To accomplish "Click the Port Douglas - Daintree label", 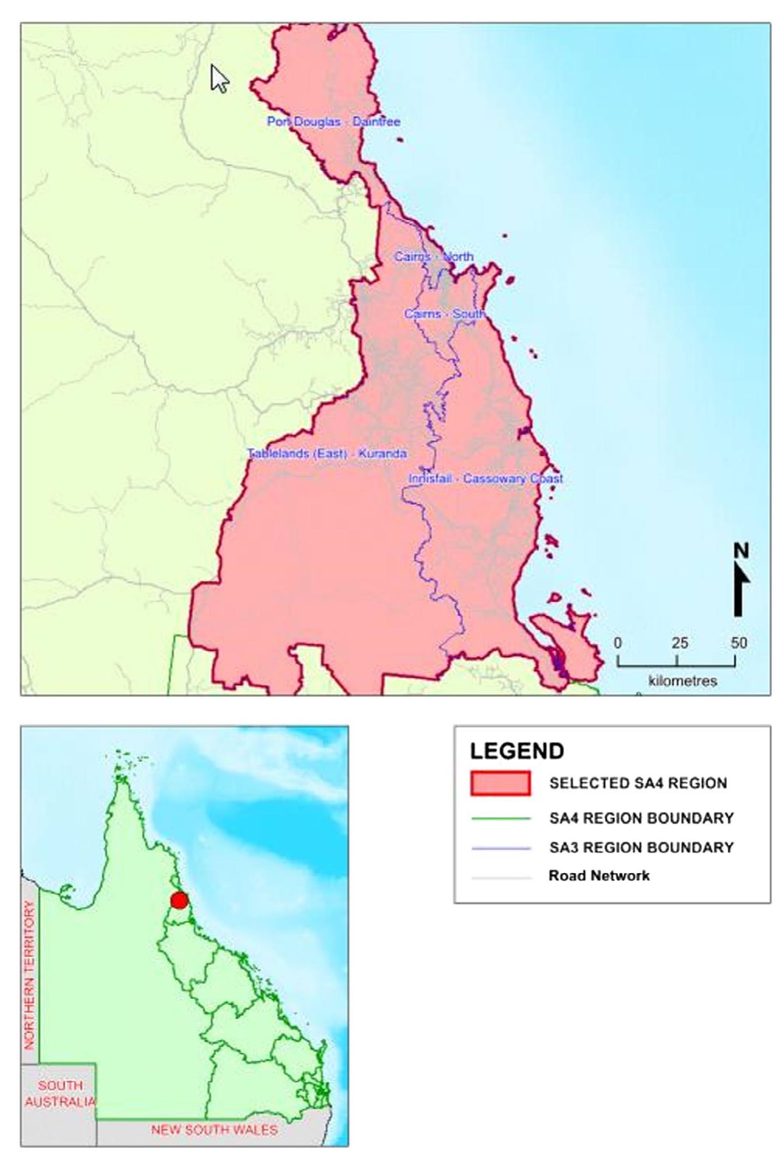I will [x=333, y=121].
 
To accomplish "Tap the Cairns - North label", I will [x=434, y=256].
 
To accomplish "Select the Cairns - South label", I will [x=445, y=314].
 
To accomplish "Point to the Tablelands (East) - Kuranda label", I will [x=327, y=453].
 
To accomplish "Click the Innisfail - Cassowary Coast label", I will [x=486, y=478].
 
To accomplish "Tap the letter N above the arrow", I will [x=741, y=551].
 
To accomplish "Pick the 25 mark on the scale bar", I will [x=679, y=643].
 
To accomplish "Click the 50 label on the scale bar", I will [x=738, y=643].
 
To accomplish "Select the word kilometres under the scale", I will [x=682, y=681].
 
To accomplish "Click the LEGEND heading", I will [x=517, y=751].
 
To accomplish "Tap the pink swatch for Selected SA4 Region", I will [x=500, y=783].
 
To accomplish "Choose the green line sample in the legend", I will [x=500, y=818].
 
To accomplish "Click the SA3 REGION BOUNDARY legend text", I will [x=641, y=847].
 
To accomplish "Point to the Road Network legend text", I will [x=599, y=876].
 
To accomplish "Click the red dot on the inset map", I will [x=179, y=901].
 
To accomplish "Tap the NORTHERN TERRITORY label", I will [x=29, y=975].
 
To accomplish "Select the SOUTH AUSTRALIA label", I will [x=60, y=1094].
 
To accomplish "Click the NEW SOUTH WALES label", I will [x=214, y=1130].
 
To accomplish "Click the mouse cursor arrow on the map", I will [x=219, y=78].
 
